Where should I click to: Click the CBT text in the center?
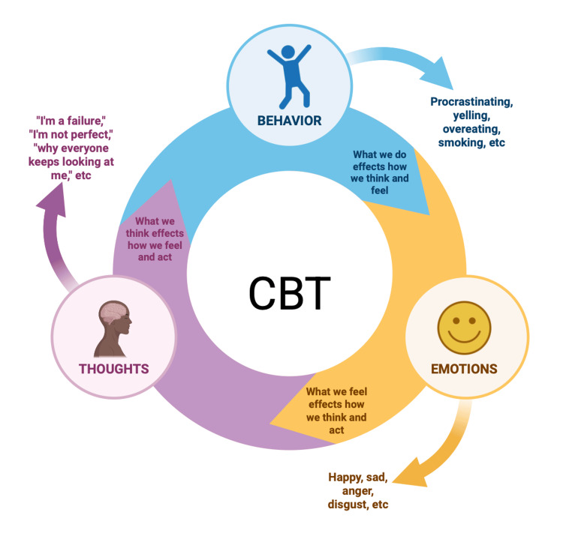coord(290,293)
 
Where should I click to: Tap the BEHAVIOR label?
coord(290,121)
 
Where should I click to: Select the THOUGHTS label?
coord(114,369)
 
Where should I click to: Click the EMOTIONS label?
coord(464,369)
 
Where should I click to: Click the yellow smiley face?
coord(464,328)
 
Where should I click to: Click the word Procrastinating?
coord(471,102)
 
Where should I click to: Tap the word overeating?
coord(471,129)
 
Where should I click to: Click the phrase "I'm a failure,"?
coord(71,121)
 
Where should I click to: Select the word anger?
coord(357,491)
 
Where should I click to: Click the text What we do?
coord(380,154)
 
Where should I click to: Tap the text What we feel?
coord(336,391)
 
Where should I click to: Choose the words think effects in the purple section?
coord(155,233)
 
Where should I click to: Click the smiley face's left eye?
coord(456,320)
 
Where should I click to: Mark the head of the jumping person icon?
coord(288,52)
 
